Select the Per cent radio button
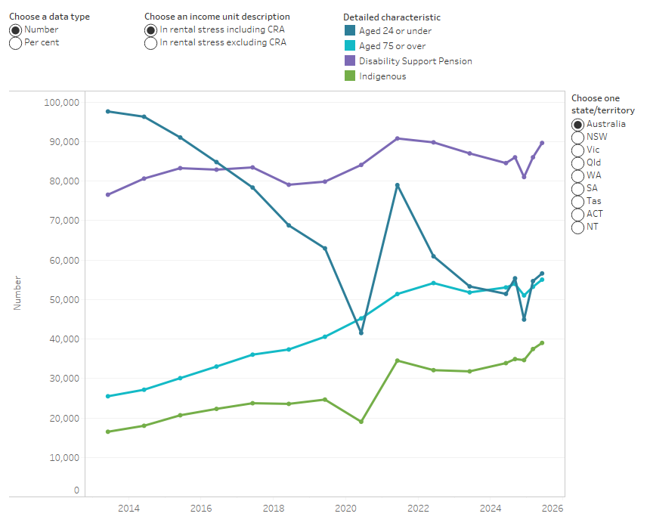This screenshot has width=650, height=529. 15,43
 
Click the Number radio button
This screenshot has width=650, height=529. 15,29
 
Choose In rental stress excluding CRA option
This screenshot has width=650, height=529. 151,43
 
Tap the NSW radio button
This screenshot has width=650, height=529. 578,137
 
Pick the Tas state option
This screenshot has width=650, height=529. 578,201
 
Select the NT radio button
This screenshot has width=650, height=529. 578,227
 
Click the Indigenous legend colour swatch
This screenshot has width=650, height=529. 349,76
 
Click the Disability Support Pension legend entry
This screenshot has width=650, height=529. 415,61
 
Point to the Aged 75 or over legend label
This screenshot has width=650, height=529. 392,46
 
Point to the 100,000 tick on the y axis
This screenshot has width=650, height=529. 63,102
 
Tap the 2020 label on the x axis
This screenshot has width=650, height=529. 345,508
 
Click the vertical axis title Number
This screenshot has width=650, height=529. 17,292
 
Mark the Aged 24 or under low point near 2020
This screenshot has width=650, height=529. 361,333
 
